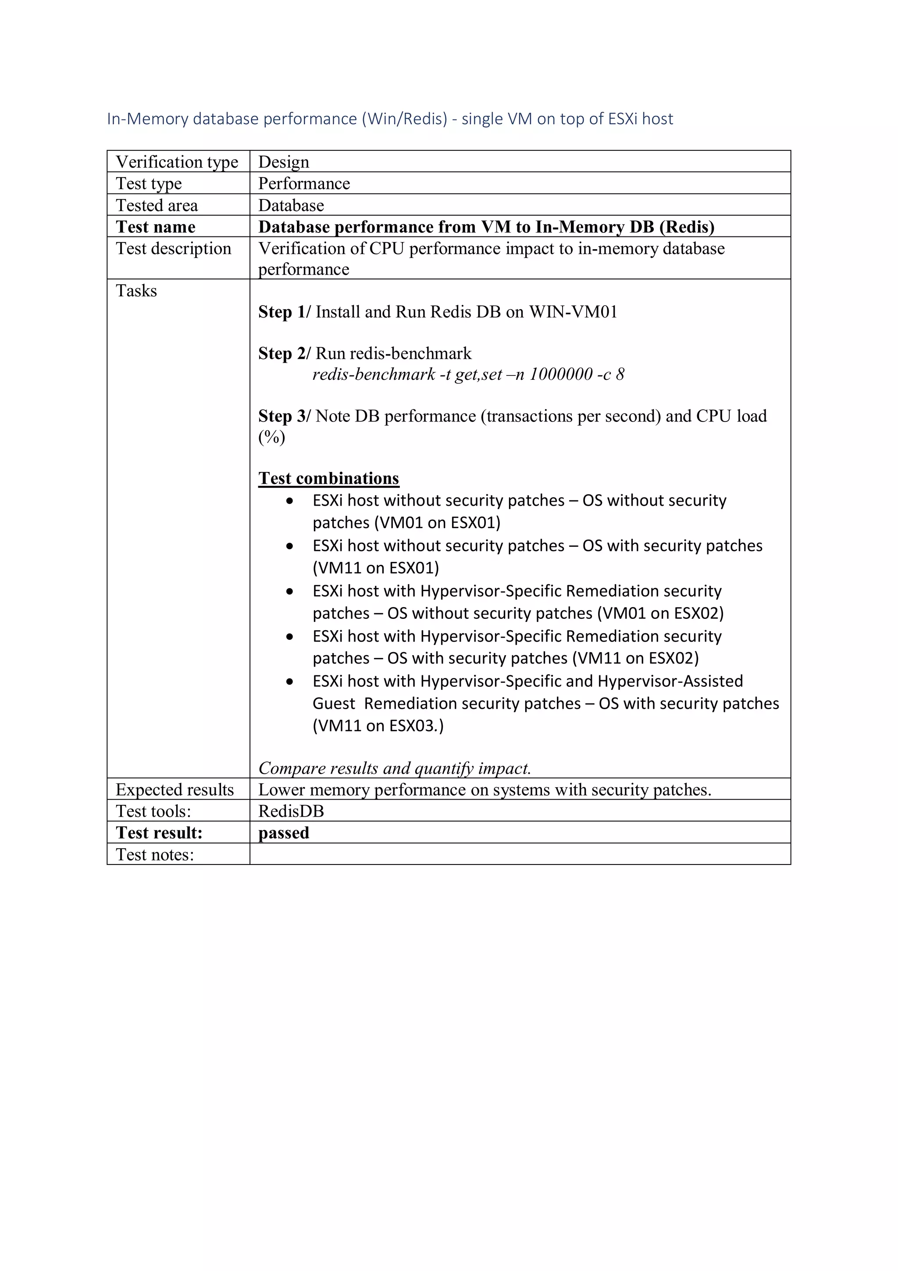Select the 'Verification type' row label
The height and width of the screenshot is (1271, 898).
point(177,162)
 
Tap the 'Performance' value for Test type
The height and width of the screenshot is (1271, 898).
point(304,183)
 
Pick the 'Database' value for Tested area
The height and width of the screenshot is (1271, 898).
point(291,205)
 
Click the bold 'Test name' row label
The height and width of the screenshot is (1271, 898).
point(156,227)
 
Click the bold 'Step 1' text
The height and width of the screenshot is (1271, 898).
point(281,312)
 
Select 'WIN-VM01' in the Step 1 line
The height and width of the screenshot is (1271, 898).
point(573,312)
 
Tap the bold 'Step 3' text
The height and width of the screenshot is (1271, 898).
point(281,416)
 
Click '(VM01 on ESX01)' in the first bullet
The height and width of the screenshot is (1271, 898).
point(406,523)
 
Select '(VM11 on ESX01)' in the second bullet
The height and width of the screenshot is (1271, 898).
point(376,568)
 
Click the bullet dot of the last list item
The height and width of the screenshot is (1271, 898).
point(289,682)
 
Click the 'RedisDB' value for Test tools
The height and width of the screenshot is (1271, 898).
point(291,811)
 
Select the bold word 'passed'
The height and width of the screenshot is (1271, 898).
point(283,832)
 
